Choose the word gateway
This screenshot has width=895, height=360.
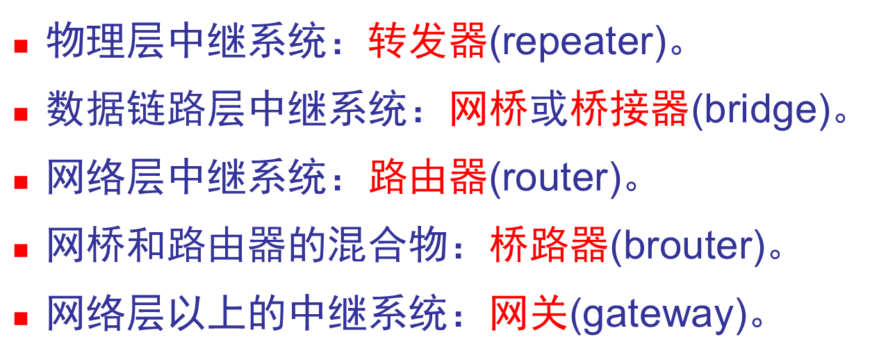pyautogui.click(x=657, y=314)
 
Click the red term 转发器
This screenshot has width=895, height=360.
pyautogui.click(x=427, y=42)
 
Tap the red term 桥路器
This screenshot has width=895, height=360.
pyautogui.click(x=548, y=246)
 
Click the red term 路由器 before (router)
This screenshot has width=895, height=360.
pyautogui.click(x=427, y=179)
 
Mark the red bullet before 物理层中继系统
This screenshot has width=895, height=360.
pyautogui.click(x=21, y=47)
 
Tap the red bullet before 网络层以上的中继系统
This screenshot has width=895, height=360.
pyautogui.click(x=21, y=318)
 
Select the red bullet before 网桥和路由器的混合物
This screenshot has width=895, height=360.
pyautogui.click(x=21, y=250)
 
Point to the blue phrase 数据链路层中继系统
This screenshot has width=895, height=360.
pyautogui.click(x=227, y=111)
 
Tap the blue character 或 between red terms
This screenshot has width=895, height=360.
pyautogui.click(x=548, y=111)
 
